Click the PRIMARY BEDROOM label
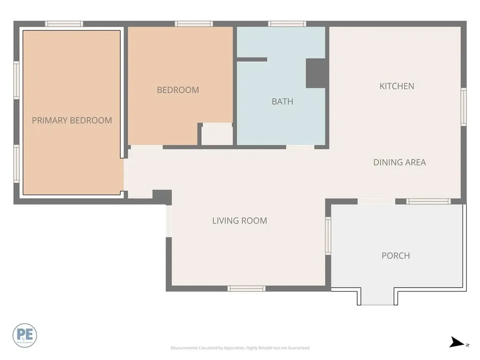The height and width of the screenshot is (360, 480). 72,120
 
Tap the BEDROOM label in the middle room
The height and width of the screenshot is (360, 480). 178,90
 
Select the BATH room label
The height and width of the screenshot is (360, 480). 282,101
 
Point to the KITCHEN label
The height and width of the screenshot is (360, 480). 397,86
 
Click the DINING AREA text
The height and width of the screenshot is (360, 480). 399,163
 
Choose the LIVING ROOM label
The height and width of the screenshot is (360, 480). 240,220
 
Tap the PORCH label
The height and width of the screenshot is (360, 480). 396,256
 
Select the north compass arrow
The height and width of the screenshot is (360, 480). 457,343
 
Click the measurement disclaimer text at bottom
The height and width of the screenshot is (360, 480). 240,348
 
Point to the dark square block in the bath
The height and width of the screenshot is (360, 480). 315,73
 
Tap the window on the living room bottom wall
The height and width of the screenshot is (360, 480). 246,288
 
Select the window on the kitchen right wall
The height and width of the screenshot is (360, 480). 463,107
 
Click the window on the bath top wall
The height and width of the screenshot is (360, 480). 287,24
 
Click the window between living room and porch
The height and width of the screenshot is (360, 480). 328,236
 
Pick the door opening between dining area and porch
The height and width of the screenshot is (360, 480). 376,201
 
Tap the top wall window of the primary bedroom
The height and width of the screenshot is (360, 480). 64,24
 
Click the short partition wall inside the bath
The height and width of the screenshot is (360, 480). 252,60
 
